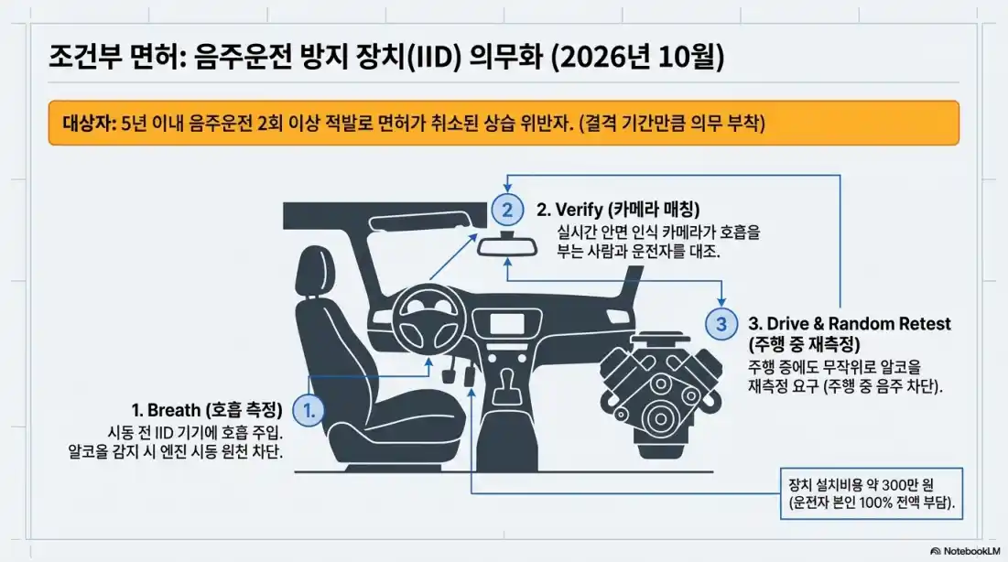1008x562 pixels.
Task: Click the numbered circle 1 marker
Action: (x=309, y=410)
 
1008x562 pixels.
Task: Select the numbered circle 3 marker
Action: (x=721, y=323)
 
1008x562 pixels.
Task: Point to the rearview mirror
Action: (x=510, y=245)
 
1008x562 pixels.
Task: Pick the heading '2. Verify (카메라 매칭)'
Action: (x=621, y=210)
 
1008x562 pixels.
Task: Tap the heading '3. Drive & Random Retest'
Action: (x=850, y=324)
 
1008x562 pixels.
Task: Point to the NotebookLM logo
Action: (x=966, y=551)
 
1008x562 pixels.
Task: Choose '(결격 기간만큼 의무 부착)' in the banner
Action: (x=670, y=124)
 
